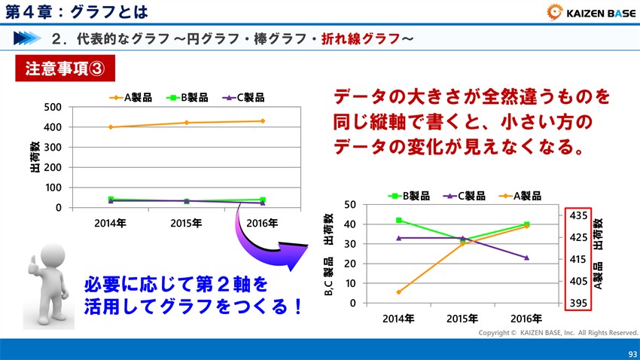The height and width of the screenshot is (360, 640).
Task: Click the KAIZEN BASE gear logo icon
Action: pyautogui.click(x=556, y=11)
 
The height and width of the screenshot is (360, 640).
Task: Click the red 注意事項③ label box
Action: pyautogui.click(x=65, y=69)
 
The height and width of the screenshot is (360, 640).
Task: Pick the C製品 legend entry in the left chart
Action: pyautogui.click(x=242, y=97)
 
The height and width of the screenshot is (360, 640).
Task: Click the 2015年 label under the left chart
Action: pyautogui.click(x=186, y=223)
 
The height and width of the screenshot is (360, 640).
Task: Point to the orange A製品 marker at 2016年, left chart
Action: pyautogui.click(x=263, y=121)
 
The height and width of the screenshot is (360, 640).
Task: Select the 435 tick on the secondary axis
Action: pyautogui.click(x=579, y=216)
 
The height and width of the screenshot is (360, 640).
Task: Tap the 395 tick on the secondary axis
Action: pyautogui.click(x=579, y=303)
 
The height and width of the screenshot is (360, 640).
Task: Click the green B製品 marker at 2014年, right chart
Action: pyautogui.click(x=398, y=220)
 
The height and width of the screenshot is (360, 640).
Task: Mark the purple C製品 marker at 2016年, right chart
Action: pyautogui.click(x=526, y=258)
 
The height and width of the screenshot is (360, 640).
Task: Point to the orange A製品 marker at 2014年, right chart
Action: pyautogui.click(x=398, y=292)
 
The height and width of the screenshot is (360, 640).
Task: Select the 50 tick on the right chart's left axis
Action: pyautogui.click(x=349, y=204)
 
